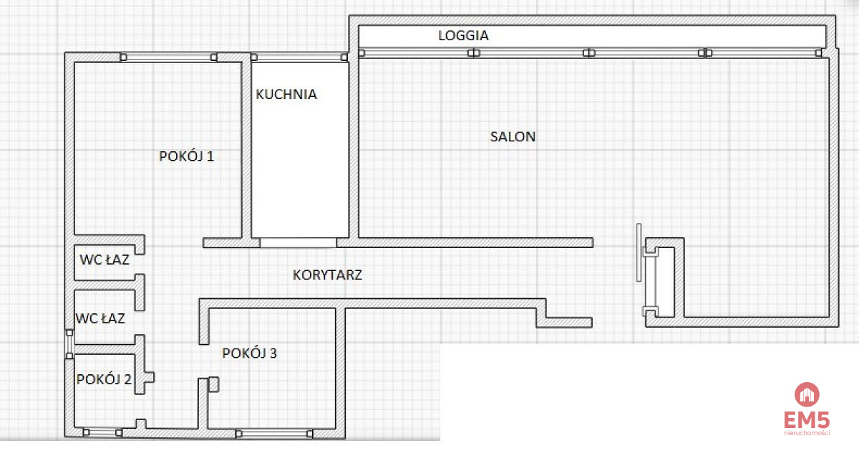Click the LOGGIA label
(x=463, y=35)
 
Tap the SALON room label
(x=513, y=137)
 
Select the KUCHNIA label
(x=286, y=95)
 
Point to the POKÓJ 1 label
(x=186, y=156)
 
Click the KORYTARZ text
(x=327, y=275)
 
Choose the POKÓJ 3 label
(x=249, y=353)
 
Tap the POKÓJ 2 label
(x=104, y=379)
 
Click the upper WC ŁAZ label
(x=105, y=260)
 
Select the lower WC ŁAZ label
(x=100, y=318)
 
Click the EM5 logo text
(x=807, y=419)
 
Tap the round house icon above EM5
(x=807, y=394)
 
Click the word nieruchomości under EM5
(x=807, y=433)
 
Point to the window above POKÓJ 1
(x=169, y=57)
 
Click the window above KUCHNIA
(x=299, y=57)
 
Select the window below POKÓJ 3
(x=274, y=434)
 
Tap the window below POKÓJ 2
(x=103, y=432)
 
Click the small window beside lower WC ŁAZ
(x=69, y=344)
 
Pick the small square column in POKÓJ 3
(x=213, y=384)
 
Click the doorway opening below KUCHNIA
(x=298, y=243)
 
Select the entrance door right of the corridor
(x=639, y=252)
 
